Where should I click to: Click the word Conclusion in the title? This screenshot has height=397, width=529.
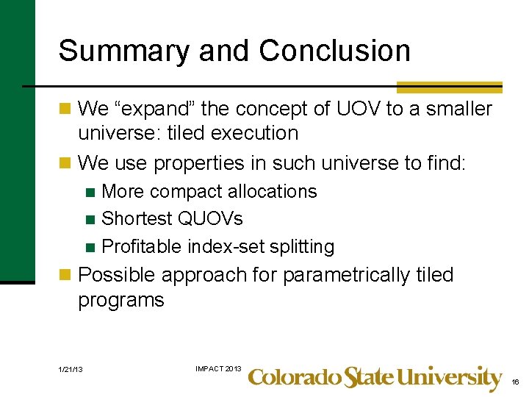(334, 51)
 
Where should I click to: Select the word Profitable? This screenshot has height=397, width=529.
(142, 246)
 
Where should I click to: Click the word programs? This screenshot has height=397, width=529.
(120, 300)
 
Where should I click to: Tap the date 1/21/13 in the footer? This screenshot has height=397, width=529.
(70, 368)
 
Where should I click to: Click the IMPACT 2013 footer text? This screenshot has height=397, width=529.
(217, 368)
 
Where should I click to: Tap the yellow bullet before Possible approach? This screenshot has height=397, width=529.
(65, 275)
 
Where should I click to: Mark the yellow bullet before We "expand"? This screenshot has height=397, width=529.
(65, 109)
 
